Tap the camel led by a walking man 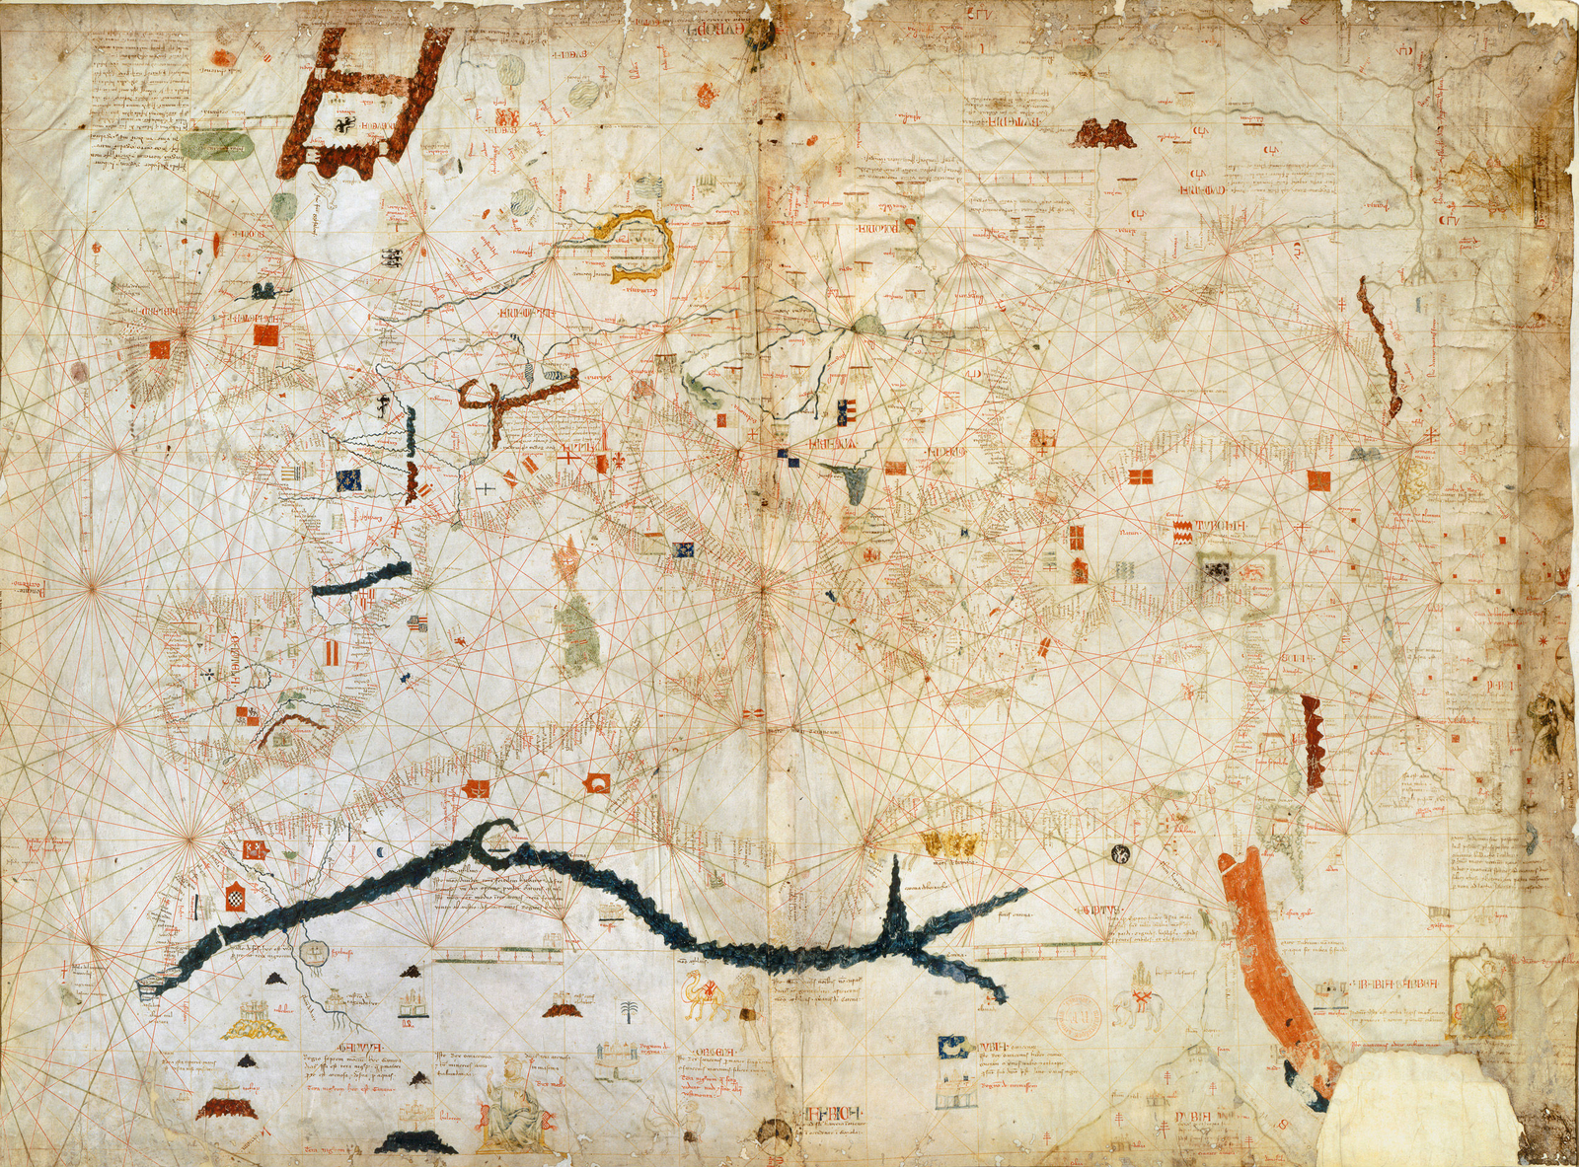[x=706, y=998]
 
